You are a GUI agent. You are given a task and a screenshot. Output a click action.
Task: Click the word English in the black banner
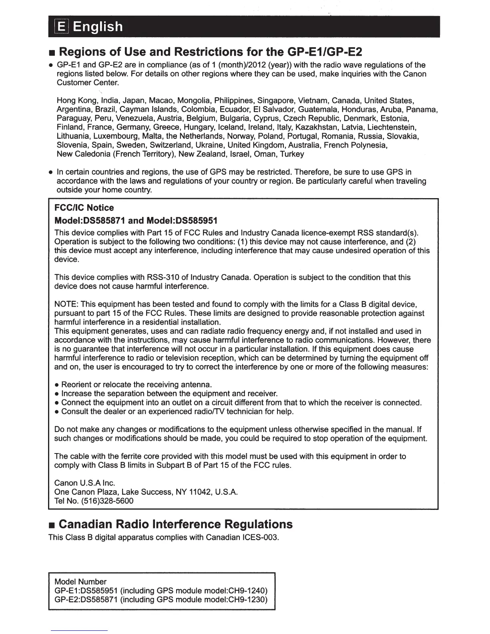point(98,27)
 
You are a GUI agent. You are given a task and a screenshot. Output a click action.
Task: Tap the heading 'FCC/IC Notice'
point(84,208)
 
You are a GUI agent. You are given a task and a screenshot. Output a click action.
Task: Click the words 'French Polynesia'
point(355,145)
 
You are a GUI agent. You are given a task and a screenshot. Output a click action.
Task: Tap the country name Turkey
point(292,154)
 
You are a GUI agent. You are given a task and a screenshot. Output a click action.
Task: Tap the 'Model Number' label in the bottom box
point(80,582)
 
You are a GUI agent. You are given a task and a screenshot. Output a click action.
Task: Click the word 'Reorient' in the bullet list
point(76,385)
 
